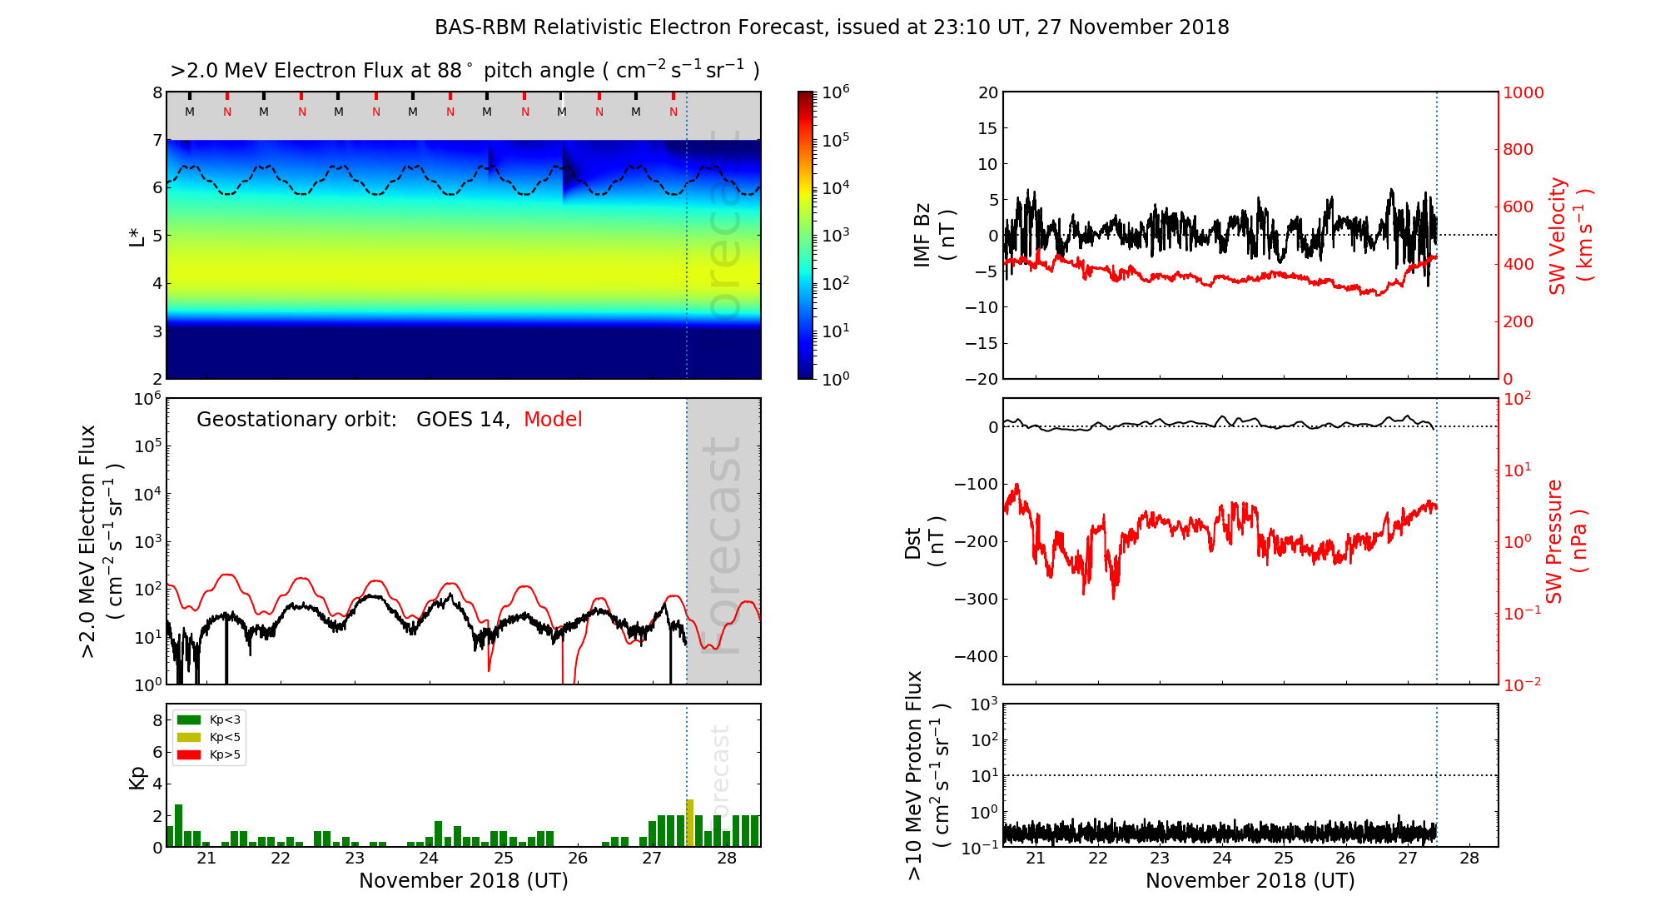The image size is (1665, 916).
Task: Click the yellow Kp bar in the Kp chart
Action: tap(689, 823)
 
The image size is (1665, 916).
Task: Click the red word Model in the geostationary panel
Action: tap(553, 420)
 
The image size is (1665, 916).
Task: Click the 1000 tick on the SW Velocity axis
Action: tap(1523, 92)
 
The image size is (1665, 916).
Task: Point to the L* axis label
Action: tap(137, 236)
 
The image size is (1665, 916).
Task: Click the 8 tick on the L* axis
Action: tap(157, 92)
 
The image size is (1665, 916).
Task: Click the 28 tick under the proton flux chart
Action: tap(1469, 859)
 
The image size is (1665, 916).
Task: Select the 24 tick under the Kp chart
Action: tap(429, 859)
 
